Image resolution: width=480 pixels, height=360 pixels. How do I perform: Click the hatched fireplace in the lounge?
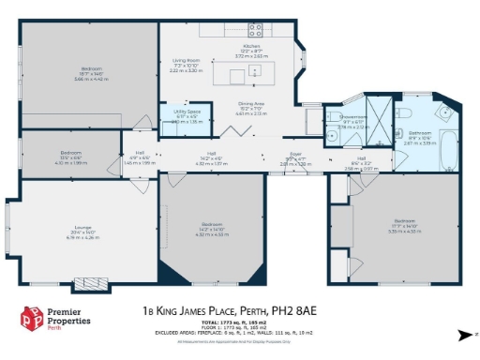click(93, 280)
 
